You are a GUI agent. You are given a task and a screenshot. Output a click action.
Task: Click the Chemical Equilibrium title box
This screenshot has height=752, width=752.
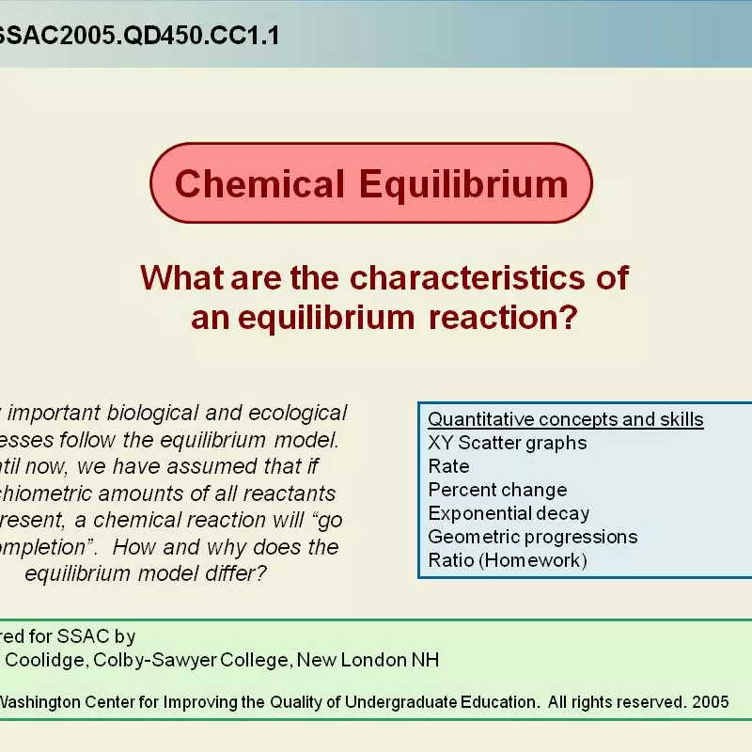(x=371, y=183)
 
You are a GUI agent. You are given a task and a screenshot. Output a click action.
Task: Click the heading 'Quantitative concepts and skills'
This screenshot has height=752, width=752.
(x=566, y=419)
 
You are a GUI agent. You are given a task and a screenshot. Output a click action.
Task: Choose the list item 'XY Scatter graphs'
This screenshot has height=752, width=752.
(x=507, y=443)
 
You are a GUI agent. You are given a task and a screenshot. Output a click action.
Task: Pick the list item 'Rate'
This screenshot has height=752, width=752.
(x=448, y=466)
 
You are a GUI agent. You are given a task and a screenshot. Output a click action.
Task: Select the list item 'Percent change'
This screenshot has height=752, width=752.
(x=497, y=490)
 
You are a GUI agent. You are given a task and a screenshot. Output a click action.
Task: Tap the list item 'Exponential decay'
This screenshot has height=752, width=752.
(x=509, y=513)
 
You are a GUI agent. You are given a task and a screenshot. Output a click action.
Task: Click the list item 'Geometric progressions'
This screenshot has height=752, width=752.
(x=532, y=537)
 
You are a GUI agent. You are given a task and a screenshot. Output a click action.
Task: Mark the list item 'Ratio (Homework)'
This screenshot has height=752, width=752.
(x=507, y=560)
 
